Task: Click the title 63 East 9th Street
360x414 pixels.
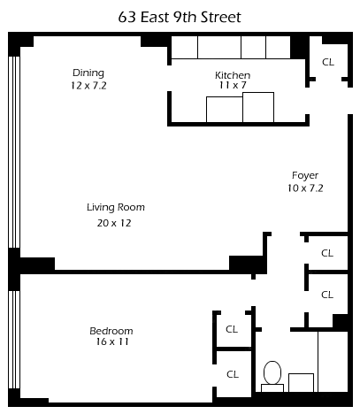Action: (x=180, y=17)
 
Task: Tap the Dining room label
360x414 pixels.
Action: (x=88, y=73)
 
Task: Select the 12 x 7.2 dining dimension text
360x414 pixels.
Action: (x=88, y=86)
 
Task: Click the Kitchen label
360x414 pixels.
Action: (x=233, y=75)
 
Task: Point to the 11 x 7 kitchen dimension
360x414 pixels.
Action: (x=233, y=86)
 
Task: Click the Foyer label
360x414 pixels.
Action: (x=305, y=176)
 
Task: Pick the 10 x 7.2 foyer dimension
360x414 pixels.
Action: (x=305, y=188)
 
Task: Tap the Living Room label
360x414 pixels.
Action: (x=116, y=208)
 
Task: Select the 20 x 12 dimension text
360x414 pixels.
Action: (x=114, y=223)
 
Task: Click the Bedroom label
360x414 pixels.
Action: (x=111, y=331)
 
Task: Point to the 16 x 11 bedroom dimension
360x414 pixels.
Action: (x=112, y=341)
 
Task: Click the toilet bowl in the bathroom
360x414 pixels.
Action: (x=272, y=372)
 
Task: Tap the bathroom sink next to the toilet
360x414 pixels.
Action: (x=301, y=383)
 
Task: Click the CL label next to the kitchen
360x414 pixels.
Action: (x=328, y=62)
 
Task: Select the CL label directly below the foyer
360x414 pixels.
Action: (x=327, y=253)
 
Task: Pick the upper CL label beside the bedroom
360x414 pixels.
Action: (x=232, y=329)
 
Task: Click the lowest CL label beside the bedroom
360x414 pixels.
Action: (x=233, y=374)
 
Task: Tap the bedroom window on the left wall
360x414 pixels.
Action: (x=14, y=340)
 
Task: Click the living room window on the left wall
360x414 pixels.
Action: (x=14, y=152)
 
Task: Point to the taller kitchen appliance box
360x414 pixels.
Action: (x=258, y=107)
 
